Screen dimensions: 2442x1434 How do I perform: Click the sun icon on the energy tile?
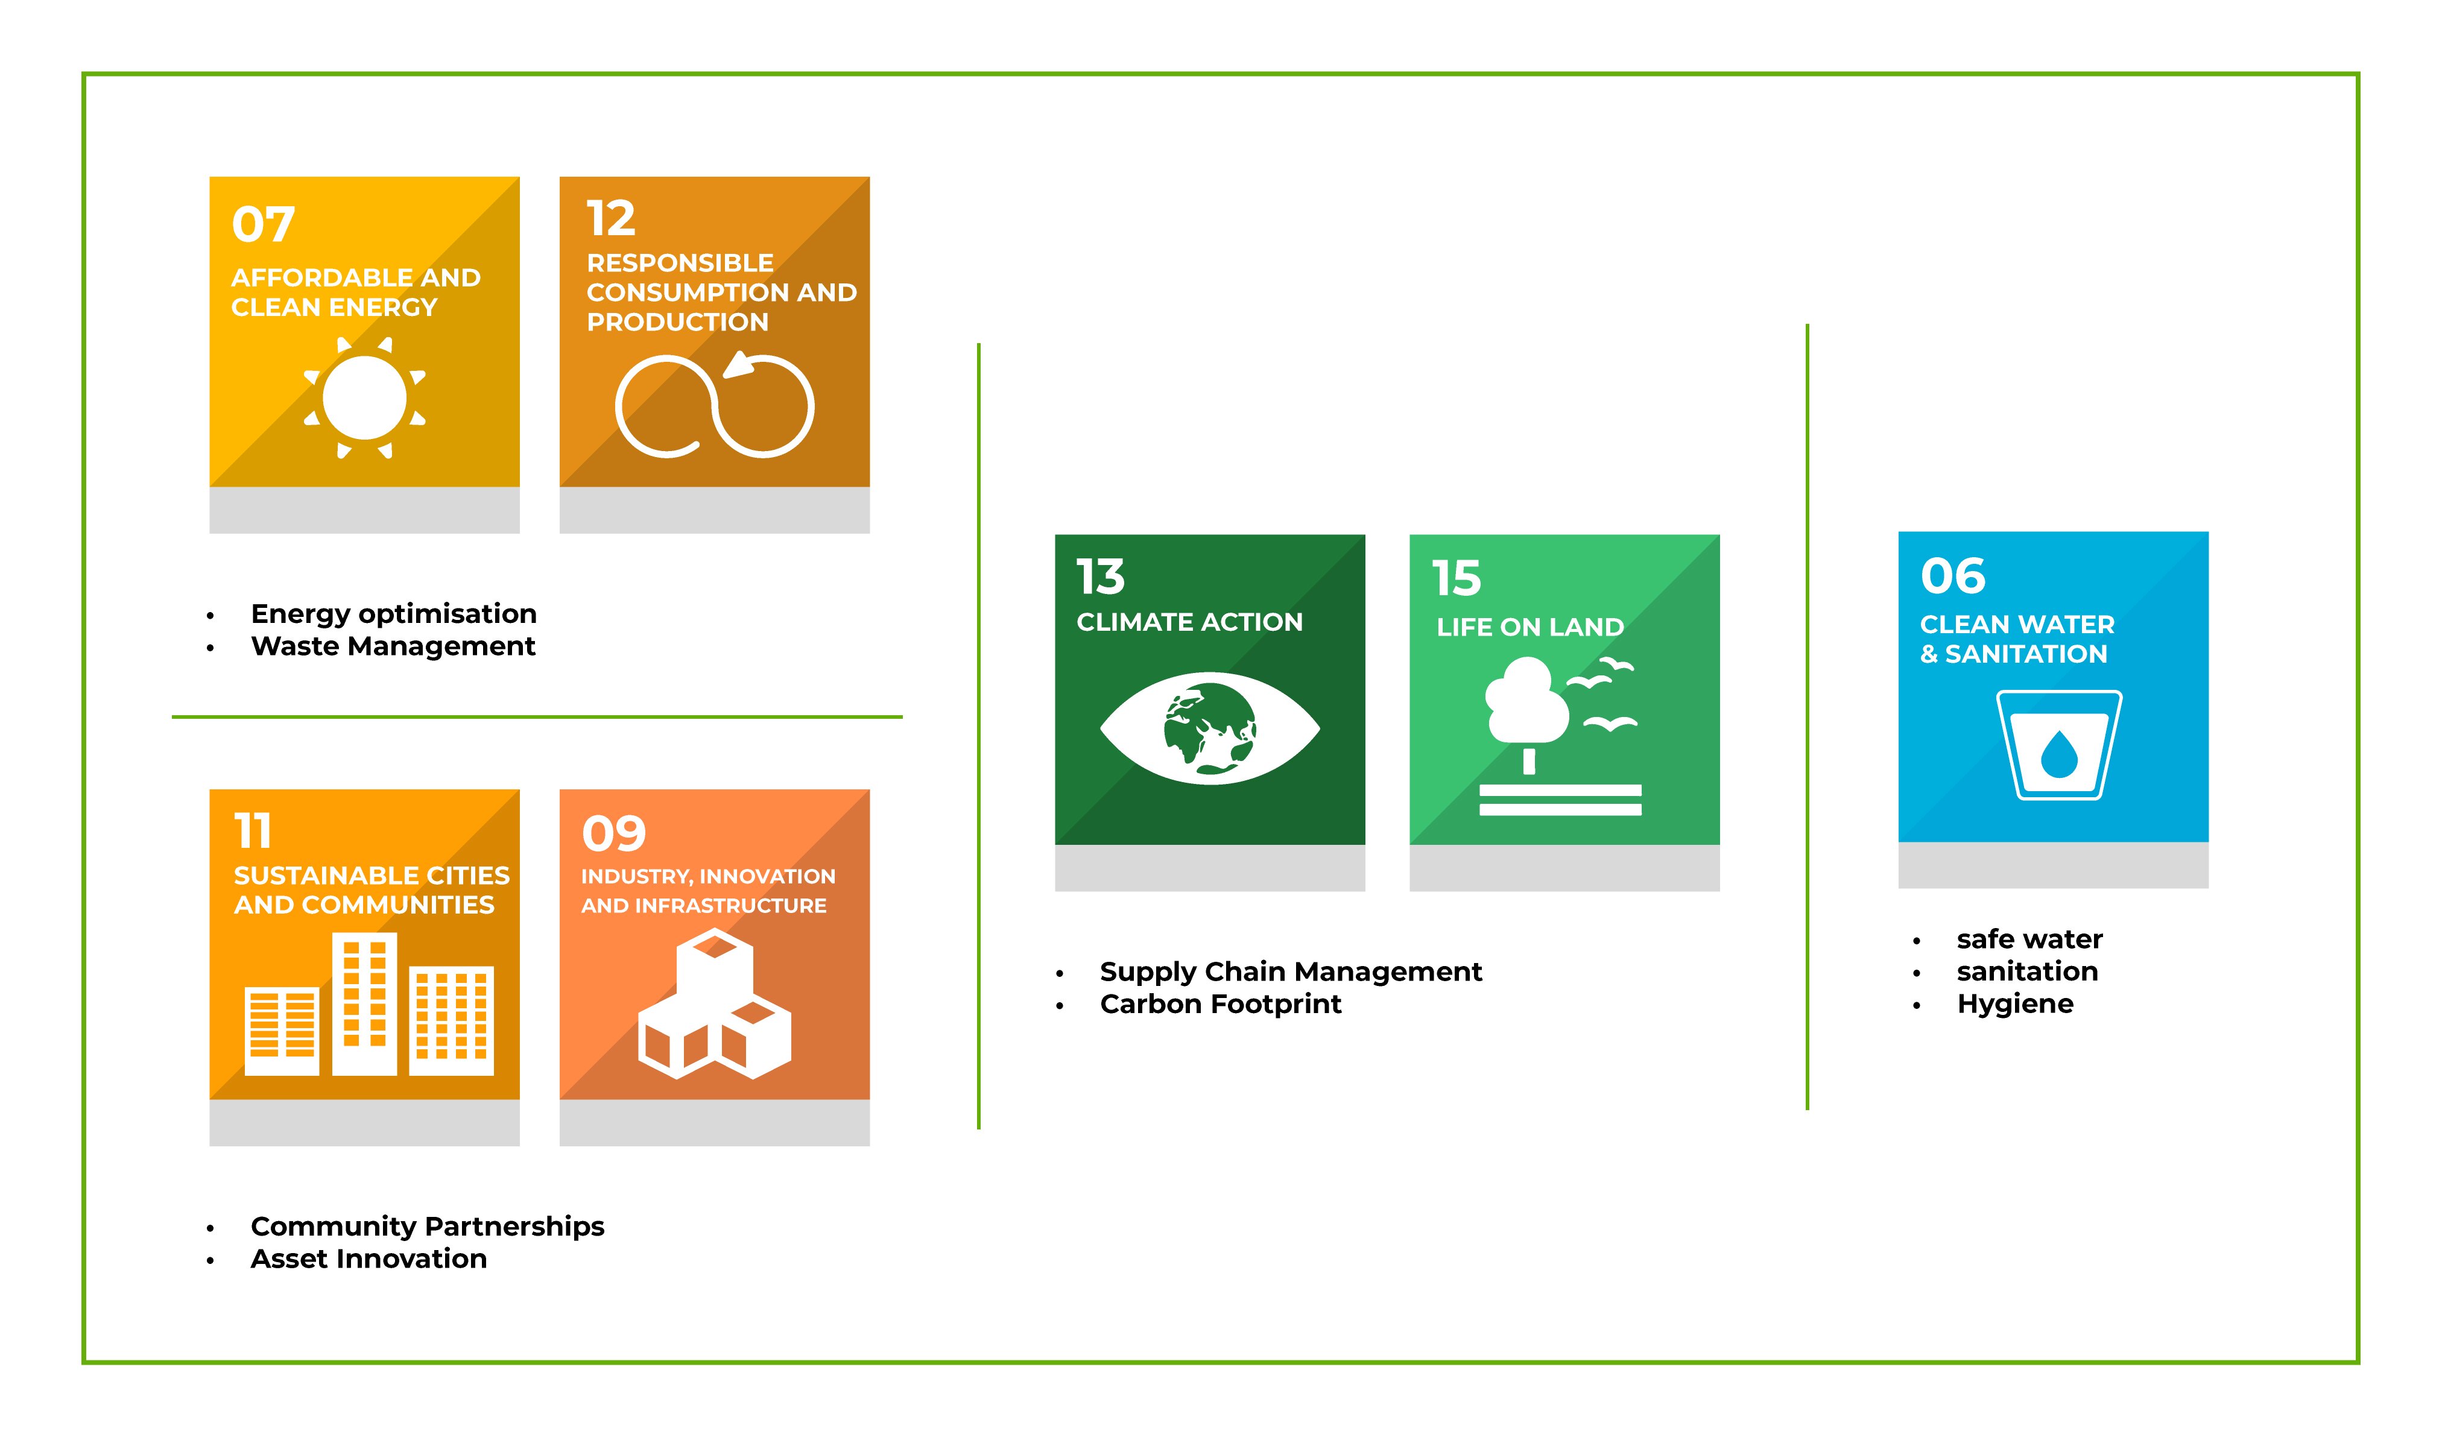[364, 397]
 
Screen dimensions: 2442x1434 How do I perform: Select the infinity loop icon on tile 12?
[714, 405]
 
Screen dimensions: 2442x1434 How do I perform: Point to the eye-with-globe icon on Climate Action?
[1209, 728]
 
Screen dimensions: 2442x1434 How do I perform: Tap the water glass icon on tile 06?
[2058, 744]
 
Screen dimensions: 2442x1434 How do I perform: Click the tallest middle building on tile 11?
[364, 1004]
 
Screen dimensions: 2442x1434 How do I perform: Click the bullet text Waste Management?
[393, 646]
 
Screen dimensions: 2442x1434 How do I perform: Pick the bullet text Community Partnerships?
[428, 1227]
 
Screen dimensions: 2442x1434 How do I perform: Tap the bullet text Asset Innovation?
[369, 1259]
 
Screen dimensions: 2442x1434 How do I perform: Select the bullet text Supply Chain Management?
[1291, 972]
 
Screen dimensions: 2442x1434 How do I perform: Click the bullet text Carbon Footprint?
[1221, 1004]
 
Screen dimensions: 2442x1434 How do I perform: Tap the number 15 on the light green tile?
[1457, 578]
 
